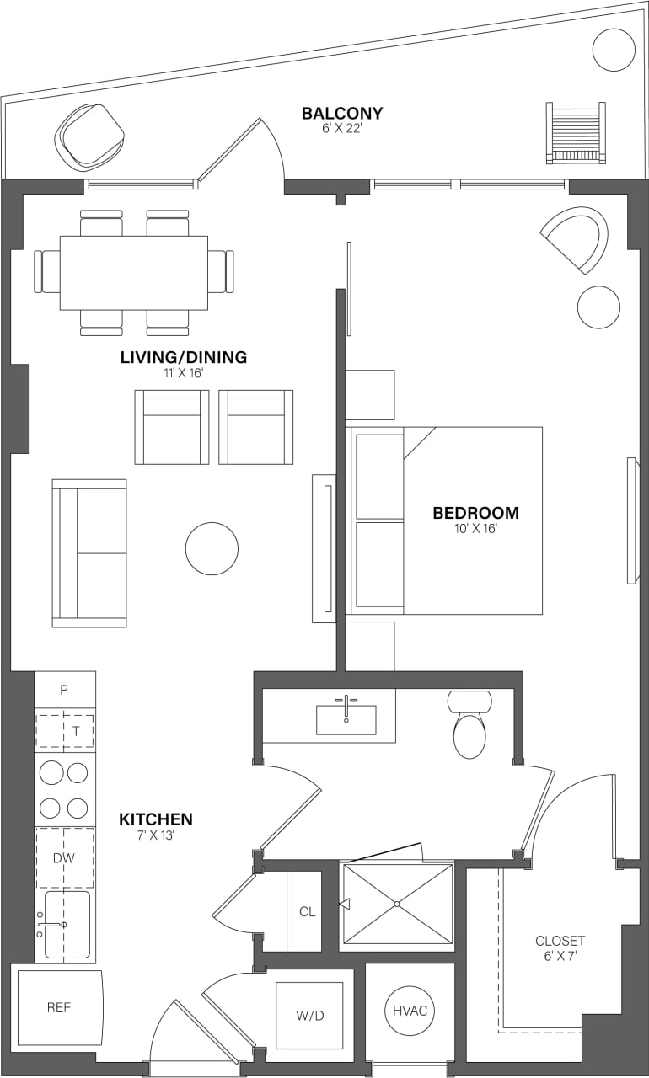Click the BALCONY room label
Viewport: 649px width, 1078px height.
tap(342, 114)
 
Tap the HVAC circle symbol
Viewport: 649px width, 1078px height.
tap(410, 1011)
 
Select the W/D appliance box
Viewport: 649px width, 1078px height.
tap(309, 1016)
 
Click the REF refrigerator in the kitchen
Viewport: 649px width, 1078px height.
tap(59, 1007)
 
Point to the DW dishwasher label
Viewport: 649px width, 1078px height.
tap(65, 857)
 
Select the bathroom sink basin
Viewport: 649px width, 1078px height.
tap(346, 720)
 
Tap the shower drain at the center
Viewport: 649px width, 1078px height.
tap(396, 905)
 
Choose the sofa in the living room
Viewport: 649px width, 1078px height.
tap(89, 553)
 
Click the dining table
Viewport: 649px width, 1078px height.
tap(134, 273)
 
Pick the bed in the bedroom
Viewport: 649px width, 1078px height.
tap(447, 520)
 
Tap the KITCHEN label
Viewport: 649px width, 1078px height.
tap(155, 819)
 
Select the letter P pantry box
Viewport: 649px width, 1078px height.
tap(64, 690)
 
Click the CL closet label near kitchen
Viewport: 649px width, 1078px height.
tap(308, 912)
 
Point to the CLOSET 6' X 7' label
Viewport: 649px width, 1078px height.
tap(560, 948)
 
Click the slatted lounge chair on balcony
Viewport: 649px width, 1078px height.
tap(576, 132)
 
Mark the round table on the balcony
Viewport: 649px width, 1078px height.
tap(614, 50)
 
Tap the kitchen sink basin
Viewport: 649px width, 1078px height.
tap(67, 925)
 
